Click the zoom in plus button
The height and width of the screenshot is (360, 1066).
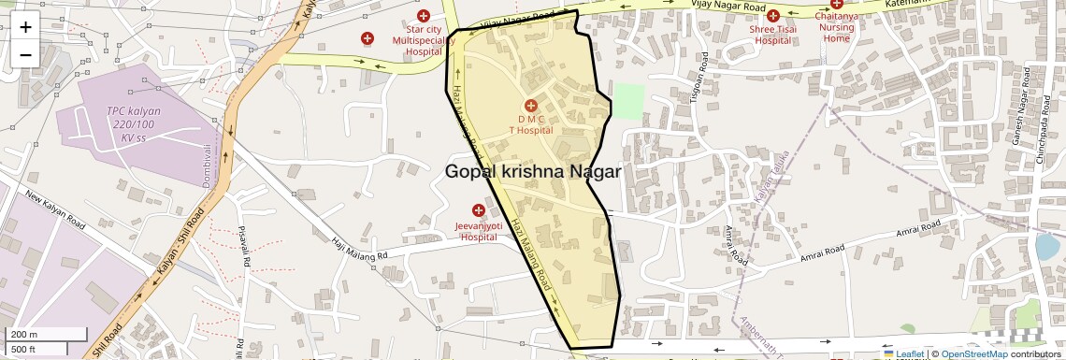point(25,26)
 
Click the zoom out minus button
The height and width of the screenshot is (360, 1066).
point(25,54)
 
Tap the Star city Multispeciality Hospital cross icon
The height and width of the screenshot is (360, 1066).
point(424,15)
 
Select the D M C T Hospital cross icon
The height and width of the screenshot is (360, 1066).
point(530,106)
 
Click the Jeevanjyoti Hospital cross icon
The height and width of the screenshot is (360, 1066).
point(479,210)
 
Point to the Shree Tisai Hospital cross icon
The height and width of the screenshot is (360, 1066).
point(772,15)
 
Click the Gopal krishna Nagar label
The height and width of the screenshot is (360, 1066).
point(533,171)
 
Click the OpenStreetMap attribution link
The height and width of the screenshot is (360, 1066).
point(973,353)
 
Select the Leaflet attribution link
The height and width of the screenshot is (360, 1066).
point(904,353)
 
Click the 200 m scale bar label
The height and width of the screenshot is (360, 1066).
point(24,335)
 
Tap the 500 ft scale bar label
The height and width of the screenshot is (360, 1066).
point(24,350)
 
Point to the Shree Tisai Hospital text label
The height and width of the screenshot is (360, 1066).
point(772,35)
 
